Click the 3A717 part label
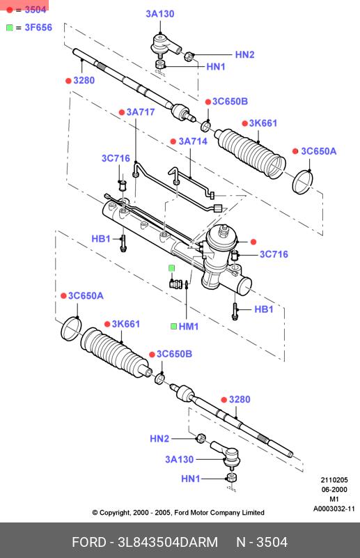(141, 112)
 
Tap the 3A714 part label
(193, 141)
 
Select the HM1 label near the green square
(189, 326)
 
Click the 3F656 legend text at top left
(38, 27)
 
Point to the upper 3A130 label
(160, 14)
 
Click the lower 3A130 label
(179, 459)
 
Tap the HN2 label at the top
(244, 54)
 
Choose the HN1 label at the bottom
(191, 479)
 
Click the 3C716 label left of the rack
(116, 158)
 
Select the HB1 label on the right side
(264, 309)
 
